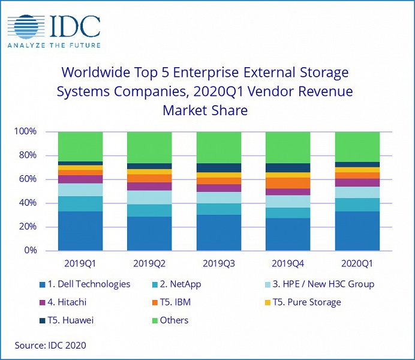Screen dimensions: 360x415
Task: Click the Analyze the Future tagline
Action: (x=54, y=45)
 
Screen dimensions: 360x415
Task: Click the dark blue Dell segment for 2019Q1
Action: (x=80, y=230)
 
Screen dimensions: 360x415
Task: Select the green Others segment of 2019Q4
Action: (x=288, y=147)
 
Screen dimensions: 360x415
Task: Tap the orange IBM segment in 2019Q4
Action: (x=288, y=182)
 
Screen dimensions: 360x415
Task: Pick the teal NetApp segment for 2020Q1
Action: (x=357, y=205)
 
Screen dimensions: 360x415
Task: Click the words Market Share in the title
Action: (x=205, y=110)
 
